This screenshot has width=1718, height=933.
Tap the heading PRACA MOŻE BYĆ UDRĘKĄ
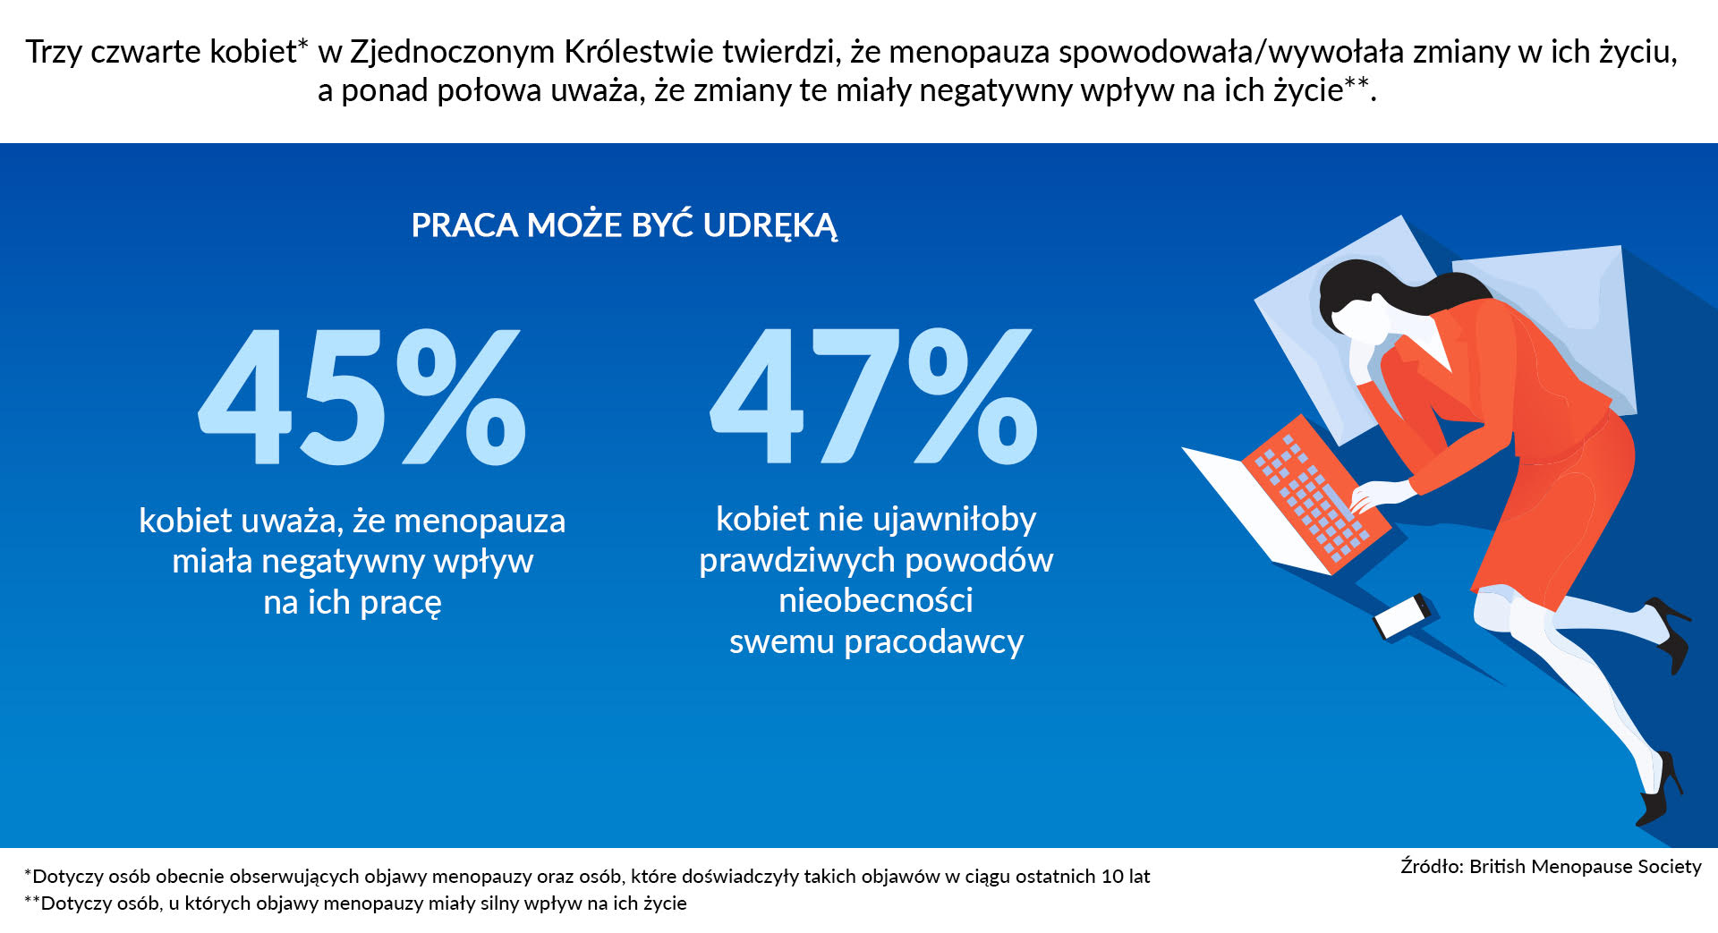[x=624, y=225]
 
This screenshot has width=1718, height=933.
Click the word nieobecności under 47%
[x=875, y=600]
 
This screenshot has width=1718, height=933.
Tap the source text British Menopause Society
[x=1585, y=866]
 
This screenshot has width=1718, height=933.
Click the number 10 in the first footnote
[x=1112, y=877]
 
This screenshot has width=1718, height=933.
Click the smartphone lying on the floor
[x=1402, y=616]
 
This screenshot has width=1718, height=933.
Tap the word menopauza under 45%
[x=480, y=522]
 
